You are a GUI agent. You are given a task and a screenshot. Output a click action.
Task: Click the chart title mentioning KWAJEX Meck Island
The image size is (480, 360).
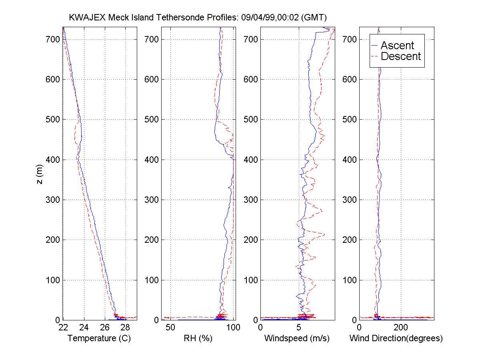(x=198, y=18)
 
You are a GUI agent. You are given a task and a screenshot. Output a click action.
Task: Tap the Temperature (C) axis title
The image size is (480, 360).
(x=99, y=338)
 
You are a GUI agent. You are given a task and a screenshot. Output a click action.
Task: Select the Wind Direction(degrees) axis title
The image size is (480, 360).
(x=396, y=338)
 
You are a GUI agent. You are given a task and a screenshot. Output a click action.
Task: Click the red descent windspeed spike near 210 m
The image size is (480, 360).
(x=323, y=234)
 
